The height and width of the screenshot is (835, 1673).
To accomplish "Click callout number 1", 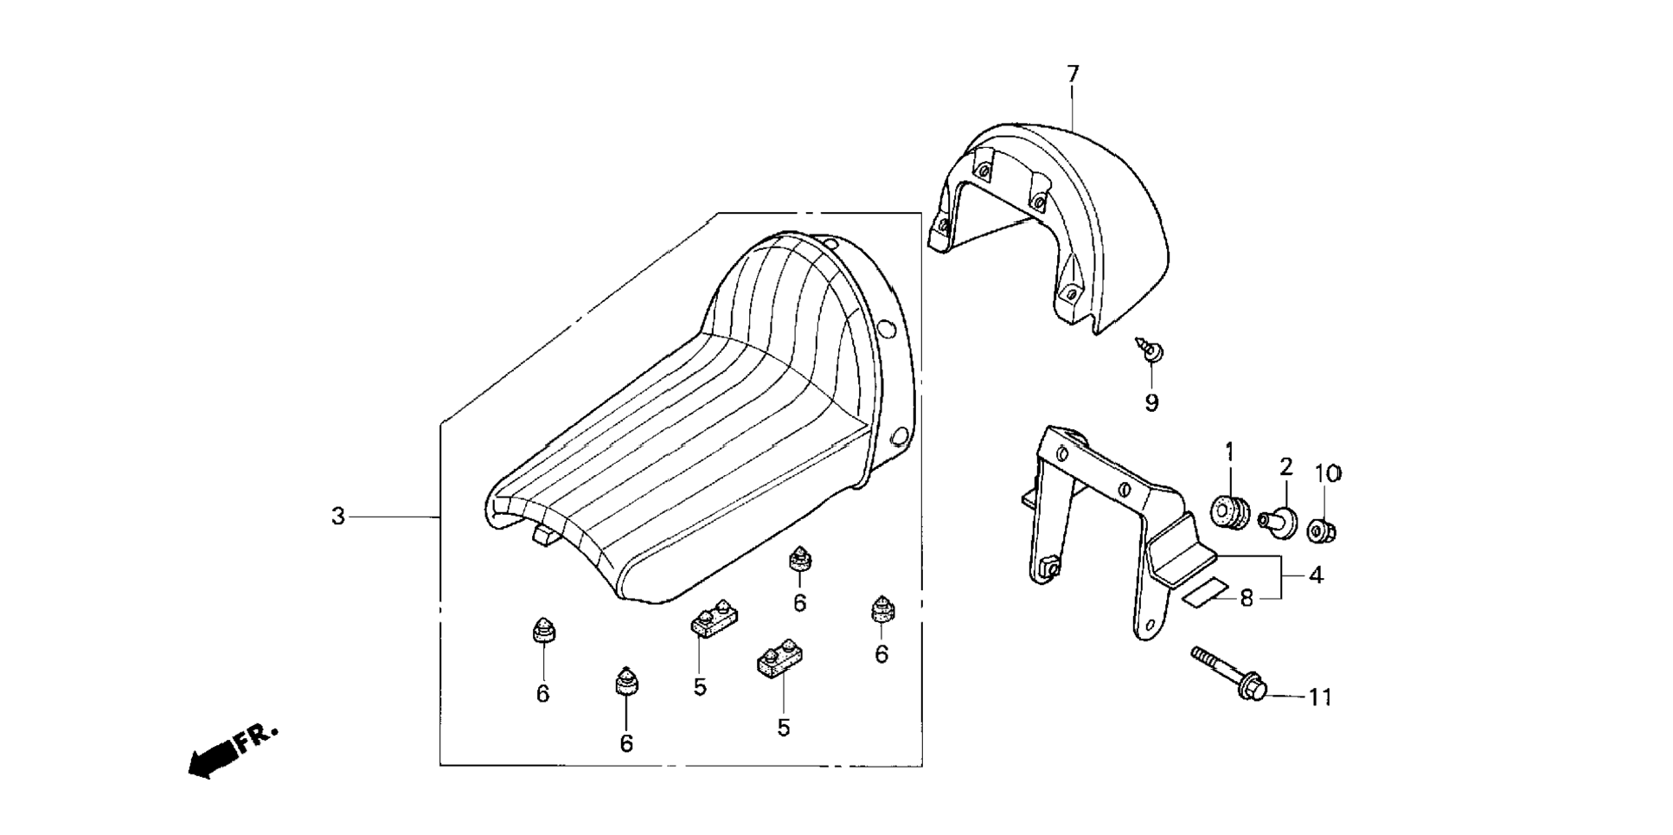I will point(1229,453).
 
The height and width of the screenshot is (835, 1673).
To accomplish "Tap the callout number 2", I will point(1285,468).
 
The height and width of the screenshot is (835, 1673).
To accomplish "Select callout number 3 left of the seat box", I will point(338,517).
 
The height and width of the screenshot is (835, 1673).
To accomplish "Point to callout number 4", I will point(1315,575).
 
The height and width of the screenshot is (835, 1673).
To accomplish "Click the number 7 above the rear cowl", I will point(1073,74).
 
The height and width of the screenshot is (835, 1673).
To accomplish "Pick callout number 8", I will point(1247,598).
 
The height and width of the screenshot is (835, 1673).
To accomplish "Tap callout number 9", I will point(1151,402).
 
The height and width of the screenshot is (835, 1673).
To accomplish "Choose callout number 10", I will point(1328,474).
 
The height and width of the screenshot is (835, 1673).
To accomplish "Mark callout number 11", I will point(1320,697).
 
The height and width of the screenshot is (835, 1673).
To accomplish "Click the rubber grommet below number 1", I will point(1232,512).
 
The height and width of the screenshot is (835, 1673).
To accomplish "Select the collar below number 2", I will point(1278,522).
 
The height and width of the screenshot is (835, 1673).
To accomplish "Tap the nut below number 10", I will point(1323,530).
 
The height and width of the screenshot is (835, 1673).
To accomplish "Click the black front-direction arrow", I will point(211,759).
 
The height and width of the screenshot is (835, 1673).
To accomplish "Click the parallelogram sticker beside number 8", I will point(1205,591).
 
